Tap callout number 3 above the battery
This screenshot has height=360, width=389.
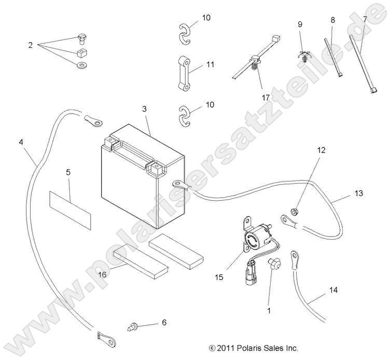coord(145,109)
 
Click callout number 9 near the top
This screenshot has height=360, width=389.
coord(300,24)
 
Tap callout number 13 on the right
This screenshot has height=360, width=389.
coord(358,193)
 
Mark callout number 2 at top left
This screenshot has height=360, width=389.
coord(30,46)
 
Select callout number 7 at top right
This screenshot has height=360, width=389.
coord(365,19)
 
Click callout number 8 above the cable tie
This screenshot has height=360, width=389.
coord(332,20)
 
